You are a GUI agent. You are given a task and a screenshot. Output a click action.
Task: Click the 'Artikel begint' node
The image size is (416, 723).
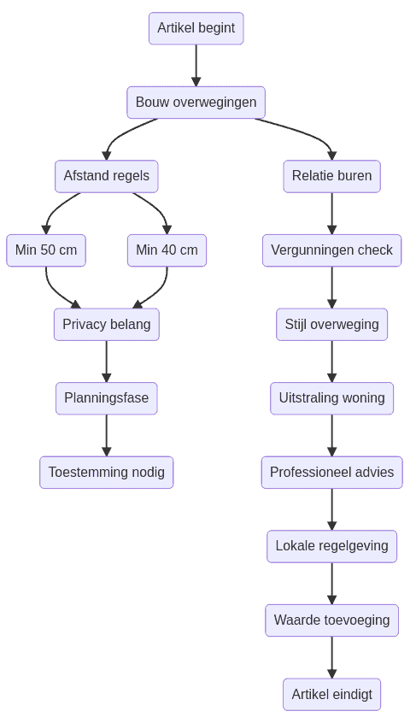click(x=196, y=28)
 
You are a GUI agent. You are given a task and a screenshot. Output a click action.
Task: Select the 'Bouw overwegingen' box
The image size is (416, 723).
click(x=196, y=103)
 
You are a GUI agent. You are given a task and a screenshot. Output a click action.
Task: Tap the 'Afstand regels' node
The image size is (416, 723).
click(x=106, y=176)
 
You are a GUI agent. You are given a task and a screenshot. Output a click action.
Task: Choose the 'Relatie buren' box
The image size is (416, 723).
click(x=331, y=176)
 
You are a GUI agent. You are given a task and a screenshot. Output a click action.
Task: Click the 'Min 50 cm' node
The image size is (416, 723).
click(x=46, y=250)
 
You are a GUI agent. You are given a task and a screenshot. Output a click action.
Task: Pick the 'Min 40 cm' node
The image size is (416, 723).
click(x=167, y=250)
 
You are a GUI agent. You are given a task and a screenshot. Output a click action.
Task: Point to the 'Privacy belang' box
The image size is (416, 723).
click(x=106, y=325)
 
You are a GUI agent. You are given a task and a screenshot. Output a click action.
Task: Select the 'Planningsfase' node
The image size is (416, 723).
click(x=106, y=398)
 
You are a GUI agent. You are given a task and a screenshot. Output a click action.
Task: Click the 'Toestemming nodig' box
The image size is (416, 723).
click(x=106, y=473)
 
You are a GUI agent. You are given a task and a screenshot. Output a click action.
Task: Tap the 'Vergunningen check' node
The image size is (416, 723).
click(x=331, y=250)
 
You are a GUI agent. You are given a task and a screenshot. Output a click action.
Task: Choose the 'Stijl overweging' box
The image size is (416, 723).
click(x=331, y=325)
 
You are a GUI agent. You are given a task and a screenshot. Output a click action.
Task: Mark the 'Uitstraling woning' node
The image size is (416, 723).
click(x=331, y=398)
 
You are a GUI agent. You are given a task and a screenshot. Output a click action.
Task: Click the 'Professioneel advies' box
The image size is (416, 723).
click(x=331, y=473)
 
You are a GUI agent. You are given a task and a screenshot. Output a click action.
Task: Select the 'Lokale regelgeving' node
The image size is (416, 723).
click(x=331, y=546)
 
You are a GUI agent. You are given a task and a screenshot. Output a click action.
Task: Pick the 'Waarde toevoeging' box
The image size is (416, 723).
click(x=331, y=620)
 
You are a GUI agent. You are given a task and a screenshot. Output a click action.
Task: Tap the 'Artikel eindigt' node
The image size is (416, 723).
click(x=331, y=695)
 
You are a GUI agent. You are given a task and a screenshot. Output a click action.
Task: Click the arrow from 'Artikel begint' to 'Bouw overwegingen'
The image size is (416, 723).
click(x=196, y=65)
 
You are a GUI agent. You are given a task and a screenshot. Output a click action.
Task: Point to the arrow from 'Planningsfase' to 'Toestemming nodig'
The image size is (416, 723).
click(x=106, y=435)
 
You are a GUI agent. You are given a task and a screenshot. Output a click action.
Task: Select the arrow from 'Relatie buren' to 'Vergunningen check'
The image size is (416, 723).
click(x=331, y=213)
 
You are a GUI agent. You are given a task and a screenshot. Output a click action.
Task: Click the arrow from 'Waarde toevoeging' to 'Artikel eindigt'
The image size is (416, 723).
click(x=331, y=657)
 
